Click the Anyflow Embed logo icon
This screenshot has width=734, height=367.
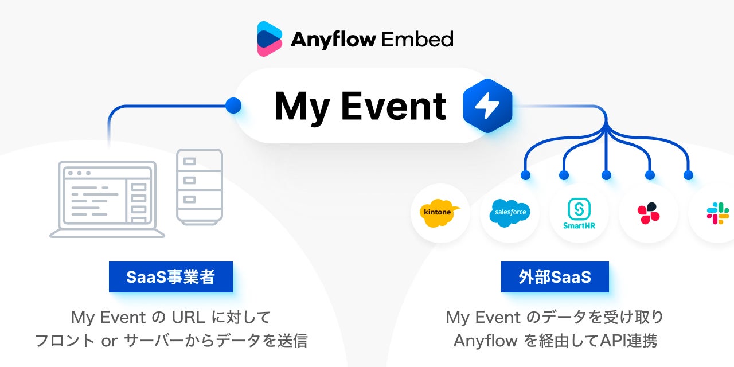[x=270, y=39]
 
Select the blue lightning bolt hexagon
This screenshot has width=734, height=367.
[x=487, y=106]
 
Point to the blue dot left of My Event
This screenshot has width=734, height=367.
[x=233, y=105]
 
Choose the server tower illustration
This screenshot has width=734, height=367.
[x=199, y=186]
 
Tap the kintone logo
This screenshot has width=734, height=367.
[x=440, y=213]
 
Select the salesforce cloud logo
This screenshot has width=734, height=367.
[x=509, y=213]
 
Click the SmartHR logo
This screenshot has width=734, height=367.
[x=579, y=213]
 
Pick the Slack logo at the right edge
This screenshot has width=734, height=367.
[x=717, y=213]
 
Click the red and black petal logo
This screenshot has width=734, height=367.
[x=648, y=213]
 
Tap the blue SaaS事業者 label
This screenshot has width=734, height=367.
[x=171, y=277]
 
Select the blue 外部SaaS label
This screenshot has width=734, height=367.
[x=555, y=277]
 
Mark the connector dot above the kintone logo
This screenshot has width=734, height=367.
[x=525, y=175]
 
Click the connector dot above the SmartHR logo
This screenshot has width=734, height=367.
[x=606, y=175]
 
